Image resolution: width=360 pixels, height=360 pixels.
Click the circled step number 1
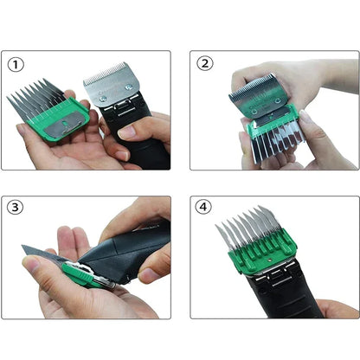click(16, 64)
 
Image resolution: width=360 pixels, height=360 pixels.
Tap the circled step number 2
click(205, 63)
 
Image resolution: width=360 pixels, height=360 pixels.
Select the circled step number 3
click(16, 208)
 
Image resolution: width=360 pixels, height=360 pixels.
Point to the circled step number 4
click(205, 208)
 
